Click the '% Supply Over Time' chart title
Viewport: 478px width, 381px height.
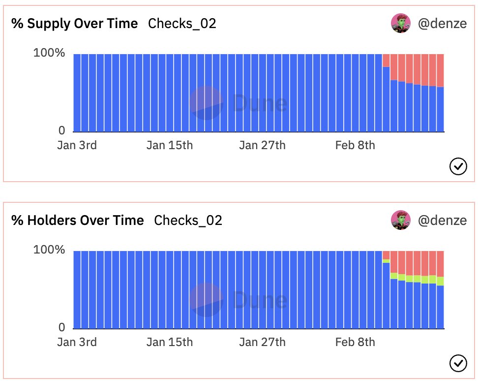coord(75,24)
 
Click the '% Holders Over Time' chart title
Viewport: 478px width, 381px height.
coord(78,220)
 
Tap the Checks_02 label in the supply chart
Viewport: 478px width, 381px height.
coord(182,24)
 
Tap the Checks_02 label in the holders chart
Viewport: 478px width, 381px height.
coord(188,220)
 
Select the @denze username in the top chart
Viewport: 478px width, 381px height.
coord(442,23)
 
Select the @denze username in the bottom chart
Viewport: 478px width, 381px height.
coord(442,220)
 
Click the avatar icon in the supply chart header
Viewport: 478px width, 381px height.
coord(401,23)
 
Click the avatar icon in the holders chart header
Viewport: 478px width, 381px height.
coord(401,220)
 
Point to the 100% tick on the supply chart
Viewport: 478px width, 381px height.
coord(49,53)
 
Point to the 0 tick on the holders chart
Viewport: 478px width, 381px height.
coord(62,327)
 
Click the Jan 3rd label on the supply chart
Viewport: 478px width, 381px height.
coord(77,146)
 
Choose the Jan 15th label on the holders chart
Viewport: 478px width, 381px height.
coord(170,342)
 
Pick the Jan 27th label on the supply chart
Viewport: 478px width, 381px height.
coord(262,146)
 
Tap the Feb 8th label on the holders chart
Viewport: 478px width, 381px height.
coord(355,342)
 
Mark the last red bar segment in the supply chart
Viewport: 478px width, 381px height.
coord(440,70)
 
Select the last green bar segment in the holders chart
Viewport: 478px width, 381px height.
coord(440,281)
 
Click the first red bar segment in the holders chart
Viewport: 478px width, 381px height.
coord(386,254)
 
